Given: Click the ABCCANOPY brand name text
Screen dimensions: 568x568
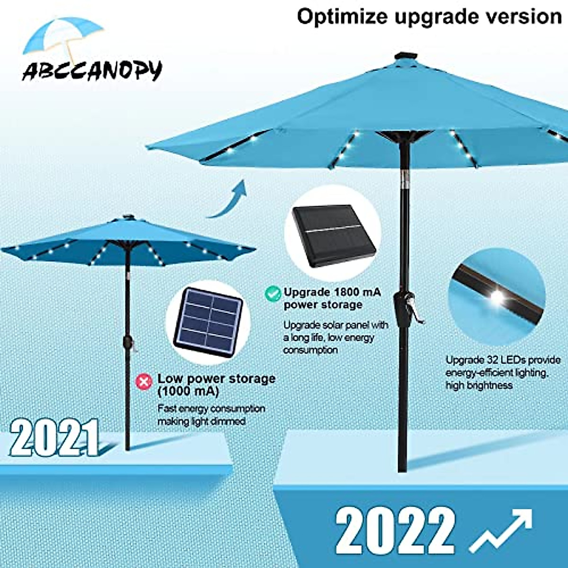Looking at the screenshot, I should click(x=92, y=71).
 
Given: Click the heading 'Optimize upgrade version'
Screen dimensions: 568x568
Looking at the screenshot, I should click(x=429, y=17).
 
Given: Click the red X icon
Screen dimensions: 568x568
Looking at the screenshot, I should click(x=144, y=381).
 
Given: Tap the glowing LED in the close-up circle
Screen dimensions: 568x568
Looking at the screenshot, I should click(x=497, y=296).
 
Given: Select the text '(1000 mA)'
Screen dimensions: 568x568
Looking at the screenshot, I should click(x=188, y=391).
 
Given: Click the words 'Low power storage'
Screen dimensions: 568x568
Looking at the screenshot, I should click(x=216, y=379).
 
